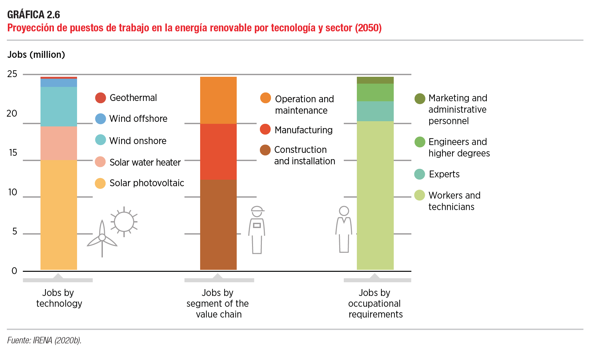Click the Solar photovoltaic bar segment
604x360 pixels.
click(x=59, y=215)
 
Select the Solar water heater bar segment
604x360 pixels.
click(x=59, y=143)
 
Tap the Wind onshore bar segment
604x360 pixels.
click(x=59, y=106)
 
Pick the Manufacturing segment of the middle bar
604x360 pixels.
click(x=218, y=152)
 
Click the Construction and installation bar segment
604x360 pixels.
click(x=218, y=224)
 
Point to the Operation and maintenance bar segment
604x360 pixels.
click(x=218, y=100)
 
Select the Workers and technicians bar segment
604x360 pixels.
click(x=375, y=195)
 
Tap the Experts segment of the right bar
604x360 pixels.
click(x=375, y=111)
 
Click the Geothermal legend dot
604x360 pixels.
click(x=101, y=98)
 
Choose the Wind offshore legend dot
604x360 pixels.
click(x=101, y=119)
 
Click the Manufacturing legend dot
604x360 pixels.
click(x=265, y=129)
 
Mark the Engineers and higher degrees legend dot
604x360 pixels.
click(x=420, y=142)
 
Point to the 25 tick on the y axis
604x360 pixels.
click(x=12, y=74)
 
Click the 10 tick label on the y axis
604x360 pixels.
click(x=13, y=192)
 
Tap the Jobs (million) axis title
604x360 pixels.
click(x=36, y=55)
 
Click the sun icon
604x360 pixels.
click(x=124, y=222)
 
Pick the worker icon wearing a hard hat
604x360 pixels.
click(x=257, y=230)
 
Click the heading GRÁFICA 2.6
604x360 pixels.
click(x=34, y=15)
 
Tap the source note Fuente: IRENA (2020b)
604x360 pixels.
click(x=44, y=340)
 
